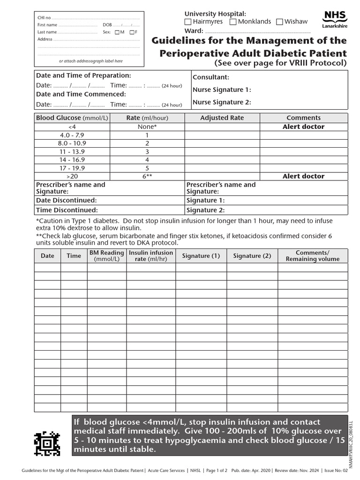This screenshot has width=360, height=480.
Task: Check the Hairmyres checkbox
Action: (188, 22)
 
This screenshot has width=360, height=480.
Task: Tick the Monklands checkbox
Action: (233, 22)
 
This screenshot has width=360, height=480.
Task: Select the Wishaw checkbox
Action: (280, 22)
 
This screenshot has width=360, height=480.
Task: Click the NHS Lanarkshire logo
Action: (335, 20)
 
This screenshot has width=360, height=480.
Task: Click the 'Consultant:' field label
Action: (211, 77)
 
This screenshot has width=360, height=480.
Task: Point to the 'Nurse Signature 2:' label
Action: (222, 102)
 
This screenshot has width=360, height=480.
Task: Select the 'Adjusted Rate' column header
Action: (222, 118)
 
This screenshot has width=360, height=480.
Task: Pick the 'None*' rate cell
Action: (147, 127)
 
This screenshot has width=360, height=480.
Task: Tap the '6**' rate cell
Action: (147, 176)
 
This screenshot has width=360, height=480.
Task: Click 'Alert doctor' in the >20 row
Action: (303, 176)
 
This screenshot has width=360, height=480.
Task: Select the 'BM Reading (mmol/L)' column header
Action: (106, 255)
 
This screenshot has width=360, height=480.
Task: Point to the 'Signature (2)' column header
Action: (252, 256)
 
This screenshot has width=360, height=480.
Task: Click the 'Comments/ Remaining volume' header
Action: (313, 256)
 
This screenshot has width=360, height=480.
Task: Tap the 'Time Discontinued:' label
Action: (67, 210)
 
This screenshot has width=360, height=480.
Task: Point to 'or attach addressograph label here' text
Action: (90, 61)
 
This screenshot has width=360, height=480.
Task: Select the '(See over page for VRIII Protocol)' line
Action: (280, 63)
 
